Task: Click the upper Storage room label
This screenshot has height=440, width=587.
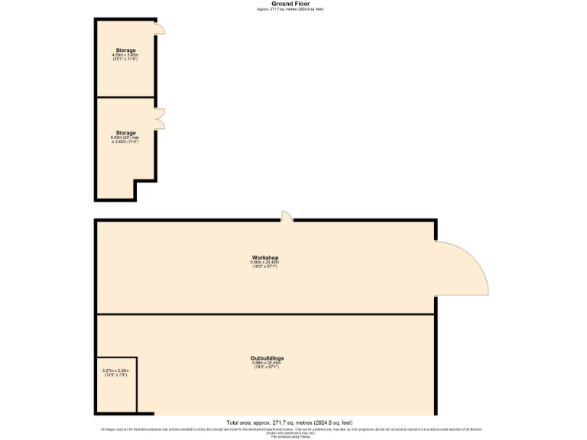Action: (x=125, y=50)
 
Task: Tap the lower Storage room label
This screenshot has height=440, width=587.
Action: (x=125, y=133)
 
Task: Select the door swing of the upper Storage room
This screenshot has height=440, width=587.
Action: (x=159, y=28)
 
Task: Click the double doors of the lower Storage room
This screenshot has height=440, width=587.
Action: (x=160, y=118)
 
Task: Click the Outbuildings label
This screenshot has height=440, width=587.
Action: (x=267, y=358)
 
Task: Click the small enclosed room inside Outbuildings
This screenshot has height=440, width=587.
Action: (x=117, y=386)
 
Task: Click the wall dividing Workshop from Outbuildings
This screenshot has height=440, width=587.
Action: (x=264, y=314)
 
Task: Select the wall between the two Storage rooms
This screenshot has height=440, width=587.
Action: (x=125, y=98)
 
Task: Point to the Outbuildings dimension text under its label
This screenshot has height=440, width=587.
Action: (x=267, y=365)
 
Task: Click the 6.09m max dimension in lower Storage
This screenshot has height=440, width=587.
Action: (x=125, y=138)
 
